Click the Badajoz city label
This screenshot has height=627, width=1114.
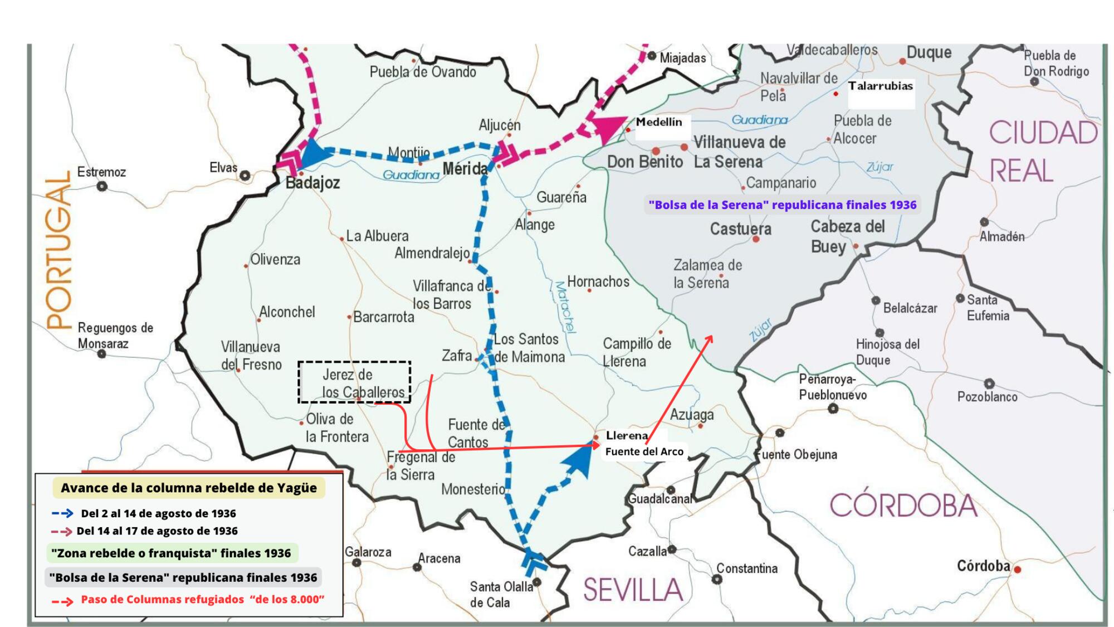tap(312, 183)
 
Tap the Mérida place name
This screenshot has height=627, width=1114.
tap(465, 168)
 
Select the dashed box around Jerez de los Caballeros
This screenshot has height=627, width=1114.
tap(354, 382)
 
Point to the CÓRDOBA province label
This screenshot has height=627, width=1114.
tap(903, 506)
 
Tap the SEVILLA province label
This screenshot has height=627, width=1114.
tap(633, 590)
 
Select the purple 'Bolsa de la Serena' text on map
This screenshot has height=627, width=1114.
tap(782, 205)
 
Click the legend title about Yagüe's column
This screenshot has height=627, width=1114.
tap(189, 488)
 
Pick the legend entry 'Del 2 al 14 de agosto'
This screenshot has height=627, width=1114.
tap(158, 513)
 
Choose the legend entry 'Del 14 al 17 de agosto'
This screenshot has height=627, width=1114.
tap(157, 531)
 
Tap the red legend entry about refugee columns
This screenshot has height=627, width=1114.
tap(202, 600)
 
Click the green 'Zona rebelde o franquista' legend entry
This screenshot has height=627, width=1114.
tap(171, 553)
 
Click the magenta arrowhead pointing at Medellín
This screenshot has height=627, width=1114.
tap(609, 129)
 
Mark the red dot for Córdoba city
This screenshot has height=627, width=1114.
tap(1018, 570)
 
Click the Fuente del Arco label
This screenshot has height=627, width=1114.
tap(644, 451)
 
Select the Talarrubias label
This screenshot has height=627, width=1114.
tap(881, 86)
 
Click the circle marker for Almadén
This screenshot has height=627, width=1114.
tap(984, 222)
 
